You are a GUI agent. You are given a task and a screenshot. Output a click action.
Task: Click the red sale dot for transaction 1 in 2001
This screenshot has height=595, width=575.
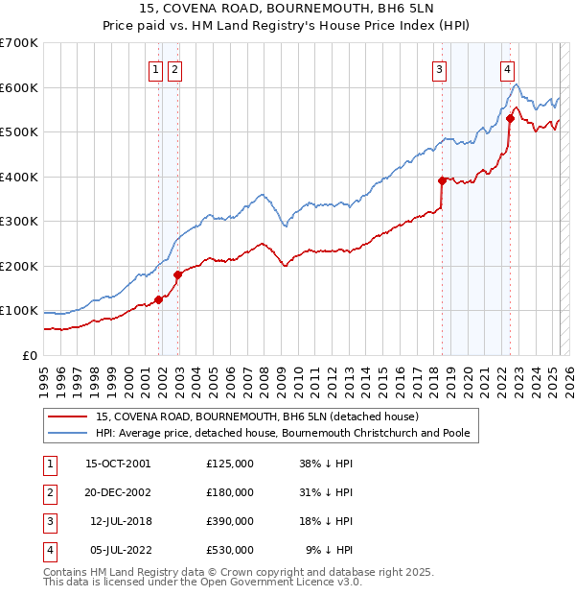coord(158,299)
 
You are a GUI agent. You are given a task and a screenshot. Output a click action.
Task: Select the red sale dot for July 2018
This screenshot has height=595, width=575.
coord(442,180)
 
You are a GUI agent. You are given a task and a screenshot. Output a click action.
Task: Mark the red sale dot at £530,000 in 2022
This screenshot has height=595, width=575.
coord(510,118)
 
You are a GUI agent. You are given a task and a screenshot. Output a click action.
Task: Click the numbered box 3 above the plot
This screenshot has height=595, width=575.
coord(439,68)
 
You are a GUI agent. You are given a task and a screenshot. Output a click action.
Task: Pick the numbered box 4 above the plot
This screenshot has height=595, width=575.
coord(506,68)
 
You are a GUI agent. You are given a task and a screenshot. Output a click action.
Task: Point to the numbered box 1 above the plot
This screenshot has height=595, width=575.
coord(155,68)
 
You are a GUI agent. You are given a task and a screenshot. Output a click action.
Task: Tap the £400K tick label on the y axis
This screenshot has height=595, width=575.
coord(19,177)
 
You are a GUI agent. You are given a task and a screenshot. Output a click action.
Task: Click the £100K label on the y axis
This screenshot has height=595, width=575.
coord(19,311)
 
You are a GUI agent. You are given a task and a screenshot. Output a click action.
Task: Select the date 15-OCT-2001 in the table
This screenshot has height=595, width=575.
coord(118,464)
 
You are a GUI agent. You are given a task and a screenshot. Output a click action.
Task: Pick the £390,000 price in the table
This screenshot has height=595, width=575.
coord(230,521)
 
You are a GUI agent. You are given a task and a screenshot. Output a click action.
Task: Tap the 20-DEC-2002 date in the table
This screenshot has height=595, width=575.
coord(118,492)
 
